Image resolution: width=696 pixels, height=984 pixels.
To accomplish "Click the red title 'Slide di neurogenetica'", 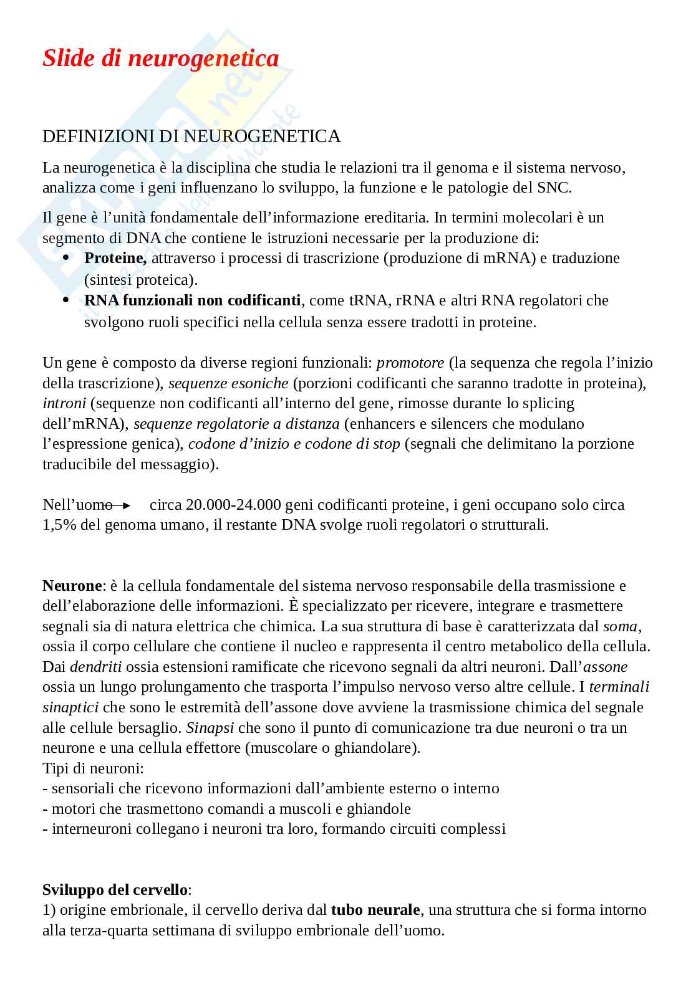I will (x=160, y=59).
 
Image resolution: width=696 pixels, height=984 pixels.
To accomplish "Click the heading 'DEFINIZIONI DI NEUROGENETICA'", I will (x=191, y=137).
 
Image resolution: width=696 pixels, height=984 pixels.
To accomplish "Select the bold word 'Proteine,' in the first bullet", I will (x=115, y=258).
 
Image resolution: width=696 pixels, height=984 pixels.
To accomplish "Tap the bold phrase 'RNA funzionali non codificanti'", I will (x=192, y=300).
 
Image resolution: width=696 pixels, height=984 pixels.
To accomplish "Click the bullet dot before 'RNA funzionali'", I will (x=67, y=300).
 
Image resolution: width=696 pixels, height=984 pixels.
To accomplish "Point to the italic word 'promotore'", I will (x=410, y=363).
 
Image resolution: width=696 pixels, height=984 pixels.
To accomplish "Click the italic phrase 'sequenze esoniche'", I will (x=228, y=383).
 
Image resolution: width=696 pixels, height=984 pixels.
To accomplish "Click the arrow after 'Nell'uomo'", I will (x=122, y=505).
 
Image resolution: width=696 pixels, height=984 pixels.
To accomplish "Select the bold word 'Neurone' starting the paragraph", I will (x=71, y=586).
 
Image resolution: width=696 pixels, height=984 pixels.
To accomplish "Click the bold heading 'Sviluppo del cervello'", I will (x=114, y=889).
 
